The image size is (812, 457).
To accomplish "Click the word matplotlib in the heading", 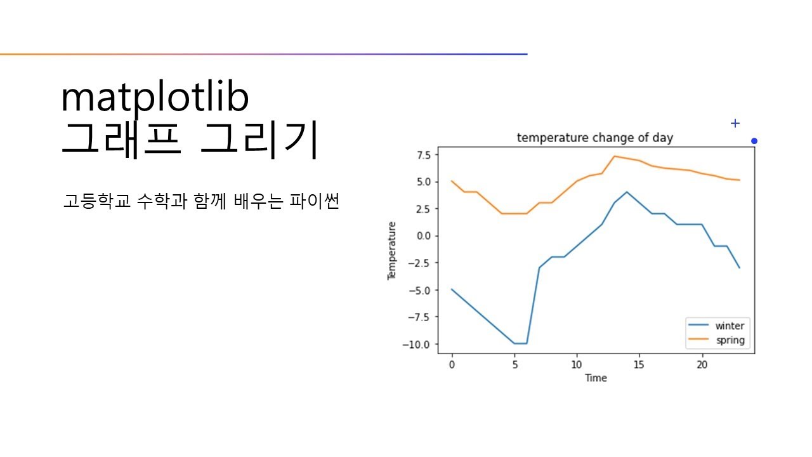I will click(155, 98).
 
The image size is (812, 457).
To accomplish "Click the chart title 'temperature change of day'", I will click(594, 138).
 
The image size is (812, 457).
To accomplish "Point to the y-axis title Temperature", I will click(392, 251).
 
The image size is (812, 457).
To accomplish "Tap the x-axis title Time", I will click(596, 378).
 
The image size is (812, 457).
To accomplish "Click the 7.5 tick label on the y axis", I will click(424, 154).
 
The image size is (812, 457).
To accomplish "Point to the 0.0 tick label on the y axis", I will click(424, 236).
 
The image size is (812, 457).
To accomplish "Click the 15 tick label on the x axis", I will click(639, 365).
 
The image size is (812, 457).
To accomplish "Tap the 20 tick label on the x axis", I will click(702, 365).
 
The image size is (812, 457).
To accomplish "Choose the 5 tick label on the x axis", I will click(514, 365).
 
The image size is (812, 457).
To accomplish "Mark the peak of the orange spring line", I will click(614, 156).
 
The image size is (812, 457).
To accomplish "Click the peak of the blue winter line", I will click(627, 192).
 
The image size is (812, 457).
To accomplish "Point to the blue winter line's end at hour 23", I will click(739, 268).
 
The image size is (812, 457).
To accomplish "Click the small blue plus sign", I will click(735, 123).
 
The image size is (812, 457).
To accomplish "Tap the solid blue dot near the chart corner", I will click(754, 141).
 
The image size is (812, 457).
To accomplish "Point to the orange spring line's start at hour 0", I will click(452, 181).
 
